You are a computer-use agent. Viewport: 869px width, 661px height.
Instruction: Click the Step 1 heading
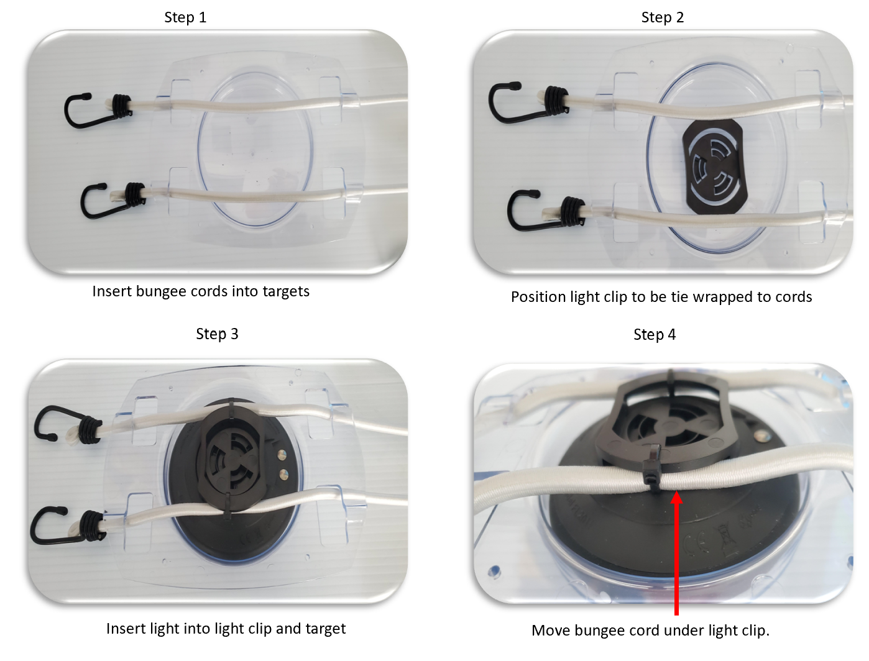pyautogui.click(x=185, y=17)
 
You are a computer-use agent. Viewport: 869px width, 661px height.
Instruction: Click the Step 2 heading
pyautogui.click(x=663, y=17)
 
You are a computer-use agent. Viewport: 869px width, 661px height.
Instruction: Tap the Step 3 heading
pyautogui.click(x=217, y=334)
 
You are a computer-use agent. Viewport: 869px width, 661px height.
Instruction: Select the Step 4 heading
pyautogui.click(x=655, y=335)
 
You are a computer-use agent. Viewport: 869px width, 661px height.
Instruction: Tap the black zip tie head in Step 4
pyautogui.click(x=651, y=470)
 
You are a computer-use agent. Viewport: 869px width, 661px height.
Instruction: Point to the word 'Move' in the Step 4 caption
pyautogui.click(x=549, y=631)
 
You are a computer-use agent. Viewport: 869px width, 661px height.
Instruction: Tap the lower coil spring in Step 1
pyautogui.click(x=135, y=194)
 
